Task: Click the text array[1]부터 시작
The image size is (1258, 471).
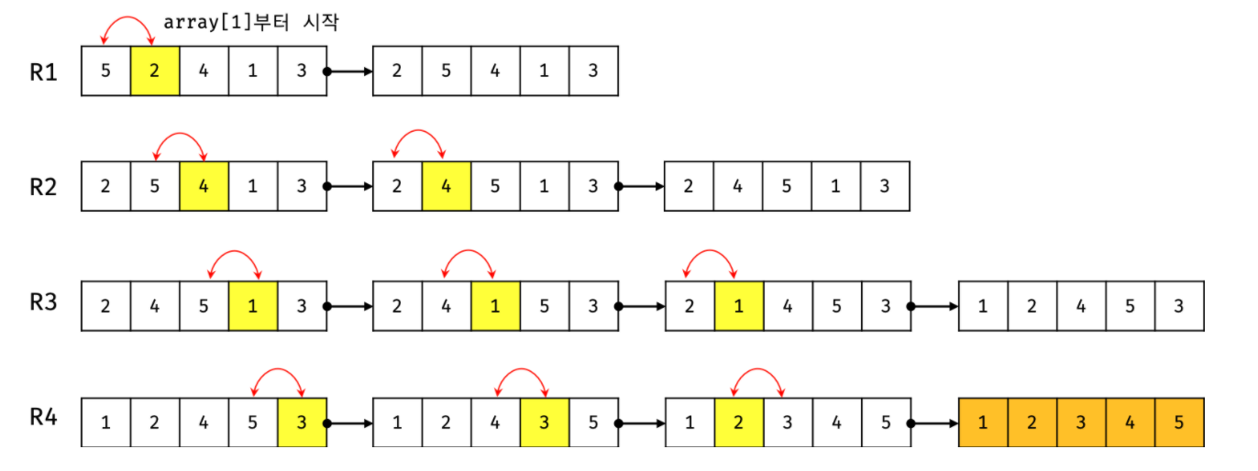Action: pyautogui.click(x=250, y=23)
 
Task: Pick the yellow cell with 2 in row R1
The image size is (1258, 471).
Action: pyautogui.click(x=155, y=71)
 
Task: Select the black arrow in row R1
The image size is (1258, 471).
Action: pyautogui.click(x=349, y=71)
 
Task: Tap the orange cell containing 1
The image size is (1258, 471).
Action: pyautogui.click(x=983, y=423)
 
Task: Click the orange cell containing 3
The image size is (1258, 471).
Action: pyautogui.click(x=1081, y=423)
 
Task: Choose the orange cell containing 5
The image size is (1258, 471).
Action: pyautogui.click(x=1179, y=423)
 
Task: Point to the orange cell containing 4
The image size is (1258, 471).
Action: pyautogui.click(x=1130, y=423)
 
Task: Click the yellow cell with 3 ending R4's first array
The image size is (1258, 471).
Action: pyautogui.click(x=302, y=423)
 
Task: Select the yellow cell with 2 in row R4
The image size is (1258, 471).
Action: pyautogui.click(x=739, y=423)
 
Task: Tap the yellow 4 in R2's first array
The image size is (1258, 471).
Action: pyautogui.click(x=204, y=187)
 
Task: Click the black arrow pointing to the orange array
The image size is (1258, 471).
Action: pyautogui.click(x=934, y=423)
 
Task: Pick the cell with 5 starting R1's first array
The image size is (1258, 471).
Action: pyautogui.click(x=106, y=71)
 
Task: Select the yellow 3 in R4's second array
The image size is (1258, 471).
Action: pyautogui.click(x=544, y=423)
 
